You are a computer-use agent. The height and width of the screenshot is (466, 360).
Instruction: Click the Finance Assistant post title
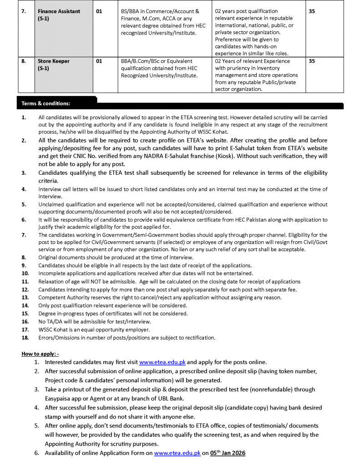[x=59, y=11]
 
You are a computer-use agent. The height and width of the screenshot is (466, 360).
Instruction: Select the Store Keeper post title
[x=53, y=61]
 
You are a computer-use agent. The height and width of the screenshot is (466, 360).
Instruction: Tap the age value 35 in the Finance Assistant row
[x=312, y=11]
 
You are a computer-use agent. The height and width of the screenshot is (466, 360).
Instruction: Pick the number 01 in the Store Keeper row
[x=99, y=61]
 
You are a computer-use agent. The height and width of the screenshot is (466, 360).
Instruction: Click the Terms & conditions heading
[x=46, y=104]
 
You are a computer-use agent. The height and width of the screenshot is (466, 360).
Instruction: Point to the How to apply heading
[x=40, y=354]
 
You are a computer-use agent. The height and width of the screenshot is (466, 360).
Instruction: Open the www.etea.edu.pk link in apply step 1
[x=162, y=362]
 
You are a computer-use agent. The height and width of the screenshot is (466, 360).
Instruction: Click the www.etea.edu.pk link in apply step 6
[x=177, y=453]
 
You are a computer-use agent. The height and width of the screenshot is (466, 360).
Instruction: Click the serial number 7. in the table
[x=24, y=11]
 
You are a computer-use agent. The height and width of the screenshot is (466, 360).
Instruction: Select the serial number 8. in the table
[x=24, y=61]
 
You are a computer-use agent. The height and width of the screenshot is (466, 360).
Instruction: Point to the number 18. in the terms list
[x=25, y=338]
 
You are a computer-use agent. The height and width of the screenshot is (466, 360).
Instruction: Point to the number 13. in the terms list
[x=25, y=297]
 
